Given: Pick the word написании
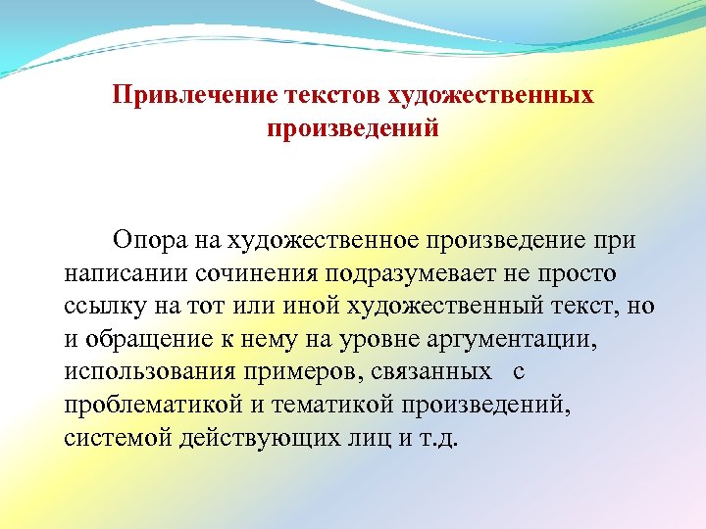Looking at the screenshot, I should pyautogui.click(x=127, y=271).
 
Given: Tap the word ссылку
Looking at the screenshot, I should pyautogui.click(x=103, y=305).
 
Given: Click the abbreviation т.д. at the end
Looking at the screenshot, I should pyautogui.click(x=437, y=438).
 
